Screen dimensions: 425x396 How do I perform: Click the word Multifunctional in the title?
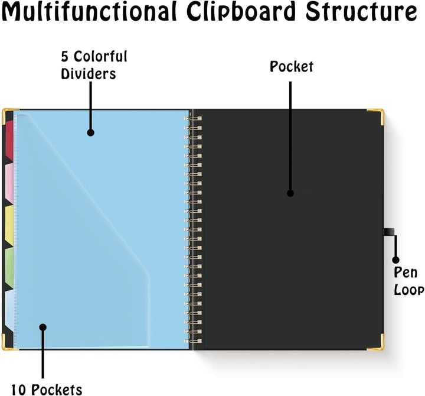point(90,11)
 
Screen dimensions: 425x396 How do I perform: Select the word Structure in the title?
point(362,11)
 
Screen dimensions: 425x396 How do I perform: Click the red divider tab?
point(9,140)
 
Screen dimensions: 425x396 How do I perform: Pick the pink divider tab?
point(9,183)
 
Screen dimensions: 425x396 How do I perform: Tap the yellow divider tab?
point(9,226)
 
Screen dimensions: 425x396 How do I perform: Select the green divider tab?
point(9,267)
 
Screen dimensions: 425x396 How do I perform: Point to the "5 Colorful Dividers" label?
point(94,65)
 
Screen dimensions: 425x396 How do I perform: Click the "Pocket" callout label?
point(292,67)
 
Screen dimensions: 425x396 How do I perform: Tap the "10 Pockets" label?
point(47,389)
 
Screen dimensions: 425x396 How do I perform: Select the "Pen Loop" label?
point(408,281)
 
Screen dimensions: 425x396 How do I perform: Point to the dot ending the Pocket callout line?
point(290,193)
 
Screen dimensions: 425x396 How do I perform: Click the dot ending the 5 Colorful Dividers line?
point(90,132)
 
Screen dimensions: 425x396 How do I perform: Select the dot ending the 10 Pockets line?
point(42,327)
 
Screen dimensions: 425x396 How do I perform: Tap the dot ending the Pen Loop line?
point(395,259)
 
